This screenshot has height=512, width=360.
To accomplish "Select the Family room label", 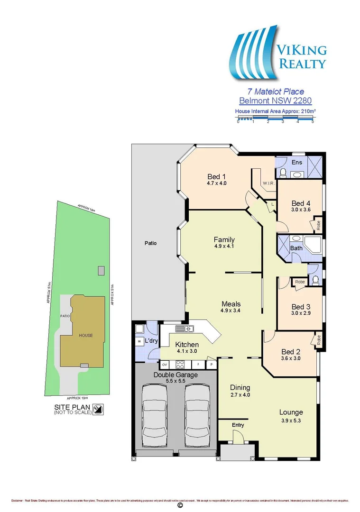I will (224, 240).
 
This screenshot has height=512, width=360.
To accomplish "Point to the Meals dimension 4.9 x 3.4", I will (231, 311).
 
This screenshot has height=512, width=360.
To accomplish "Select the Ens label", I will (297, 163).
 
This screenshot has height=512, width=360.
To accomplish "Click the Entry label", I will (238, 425).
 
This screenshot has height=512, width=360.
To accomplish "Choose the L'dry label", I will (151, 341).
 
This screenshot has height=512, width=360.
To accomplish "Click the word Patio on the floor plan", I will (150, 243).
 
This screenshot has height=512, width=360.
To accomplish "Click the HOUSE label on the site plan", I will (86, 336).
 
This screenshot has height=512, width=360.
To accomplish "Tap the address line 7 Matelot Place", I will (276, 91).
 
